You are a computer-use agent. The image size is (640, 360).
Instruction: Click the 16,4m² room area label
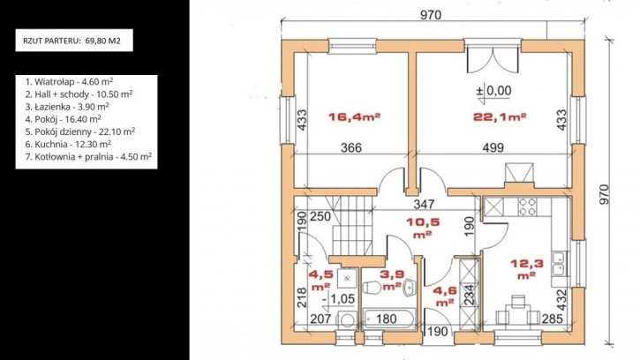354,117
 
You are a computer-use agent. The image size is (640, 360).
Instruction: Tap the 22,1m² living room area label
500,117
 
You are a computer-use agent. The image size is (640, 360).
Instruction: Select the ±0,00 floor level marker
493,92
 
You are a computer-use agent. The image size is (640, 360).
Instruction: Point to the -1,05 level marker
338,299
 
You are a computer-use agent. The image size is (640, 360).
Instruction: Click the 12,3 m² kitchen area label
527,269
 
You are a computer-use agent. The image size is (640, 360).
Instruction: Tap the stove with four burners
527,206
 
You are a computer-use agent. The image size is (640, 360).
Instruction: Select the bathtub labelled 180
389,319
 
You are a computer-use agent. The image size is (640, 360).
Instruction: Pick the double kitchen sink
558,263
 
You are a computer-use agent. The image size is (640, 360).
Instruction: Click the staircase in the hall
352,225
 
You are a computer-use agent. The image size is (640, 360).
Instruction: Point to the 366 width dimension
351,147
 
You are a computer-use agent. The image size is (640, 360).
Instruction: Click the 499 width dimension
493,147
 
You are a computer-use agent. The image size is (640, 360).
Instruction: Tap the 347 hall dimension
424,204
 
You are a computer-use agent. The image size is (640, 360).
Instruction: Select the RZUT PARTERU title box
74,41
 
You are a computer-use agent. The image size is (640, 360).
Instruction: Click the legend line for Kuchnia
68,144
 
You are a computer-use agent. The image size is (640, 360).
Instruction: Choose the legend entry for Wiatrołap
69,81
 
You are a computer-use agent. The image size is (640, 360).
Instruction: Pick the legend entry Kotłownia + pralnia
88,157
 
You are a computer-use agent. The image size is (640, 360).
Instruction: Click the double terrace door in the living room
493,60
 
